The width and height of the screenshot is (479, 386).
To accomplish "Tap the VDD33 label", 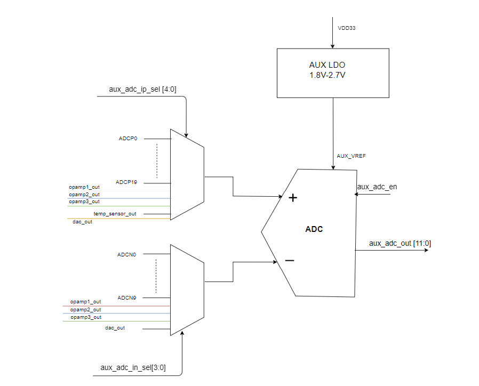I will (x=347, y=28).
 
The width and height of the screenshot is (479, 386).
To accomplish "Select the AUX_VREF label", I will (x=351, y=156).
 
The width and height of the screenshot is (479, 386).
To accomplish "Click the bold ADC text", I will (x=314, y=229).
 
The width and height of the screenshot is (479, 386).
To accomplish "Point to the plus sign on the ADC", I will (x=292, y=198).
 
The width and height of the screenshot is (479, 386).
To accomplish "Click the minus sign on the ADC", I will (x=290, y=260).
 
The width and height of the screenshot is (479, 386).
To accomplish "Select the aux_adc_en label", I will (x=377, y=187).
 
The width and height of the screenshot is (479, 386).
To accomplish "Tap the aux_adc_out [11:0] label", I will (x=400, y=243).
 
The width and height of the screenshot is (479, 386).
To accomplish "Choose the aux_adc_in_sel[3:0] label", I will (x=133, y=367).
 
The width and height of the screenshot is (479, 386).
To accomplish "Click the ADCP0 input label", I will (x=128, y=139).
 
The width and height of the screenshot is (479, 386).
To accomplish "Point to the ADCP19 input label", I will (x=126, y=182).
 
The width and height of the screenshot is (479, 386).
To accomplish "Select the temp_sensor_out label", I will (x=115, y=214).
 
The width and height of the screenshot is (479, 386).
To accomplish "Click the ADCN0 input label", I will (x=127, y=255).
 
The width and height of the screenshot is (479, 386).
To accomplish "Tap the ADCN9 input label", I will (x=127, y=298).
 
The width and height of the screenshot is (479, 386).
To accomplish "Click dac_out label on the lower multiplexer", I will (x=115, y=328).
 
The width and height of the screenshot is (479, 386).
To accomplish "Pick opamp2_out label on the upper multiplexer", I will (x=84, y=195).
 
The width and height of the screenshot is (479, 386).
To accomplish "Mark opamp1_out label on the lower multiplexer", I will (x=85, y=302).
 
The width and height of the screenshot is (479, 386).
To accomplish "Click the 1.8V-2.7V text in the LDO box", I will (x=328, y=75).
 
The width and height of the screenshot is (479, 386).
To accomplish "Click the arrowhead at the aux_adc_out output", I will (x=426, y=250).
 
